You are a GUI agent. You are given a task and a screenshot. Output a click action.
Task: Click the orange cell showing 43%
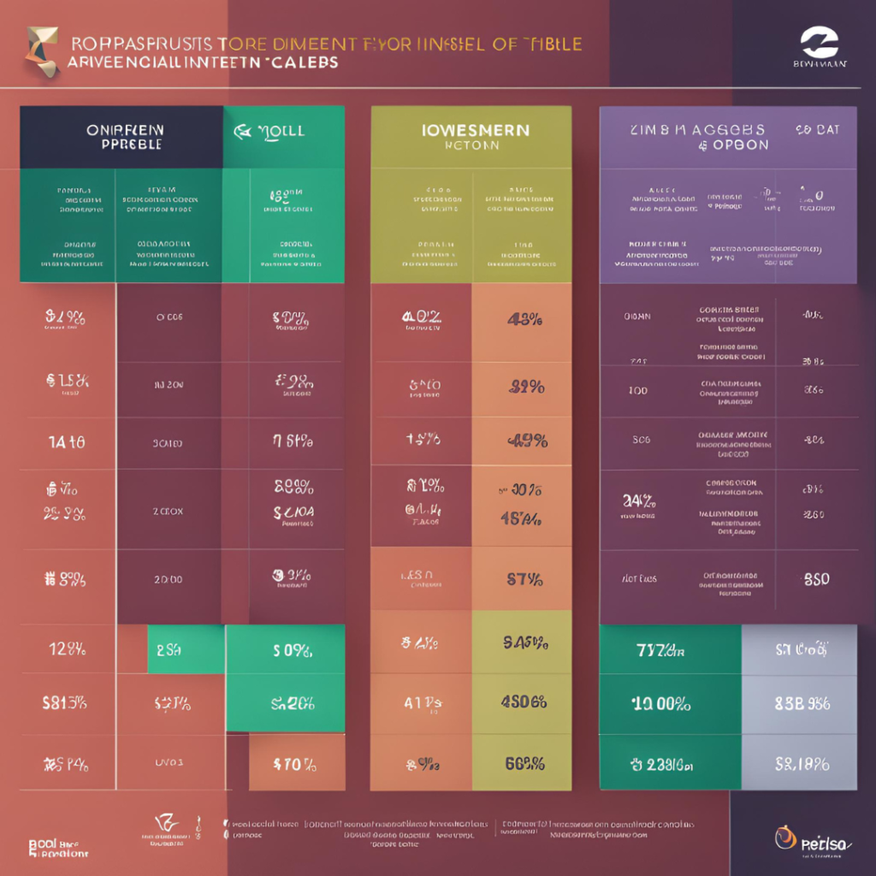pyautogui.click(x=522, y=321)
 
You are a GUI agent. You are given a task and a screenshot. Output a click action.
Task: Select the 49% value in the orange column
pyautogui.click(x=522, y=441)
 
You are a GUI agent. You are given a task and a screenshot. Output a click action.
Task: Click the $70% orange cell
pyautogui.click(x=296, y=762)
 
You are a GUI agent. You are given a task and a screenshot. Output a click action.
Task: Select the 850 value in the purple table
pyautogui.click(x=815, y=579)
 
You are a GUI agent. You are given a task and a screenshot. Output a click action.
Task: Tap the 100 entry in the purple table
pyautogui.click(x=638, y=390)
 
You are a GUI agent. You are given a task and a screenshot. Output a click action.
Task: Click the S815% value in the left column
pyautogui.click(x=65, y=704)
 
